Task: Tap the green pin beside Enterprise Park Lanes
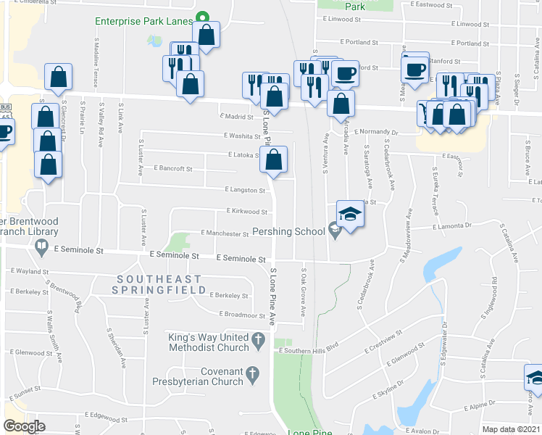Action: tap(204, 19)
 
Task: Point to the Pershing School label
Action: tap(288, 232)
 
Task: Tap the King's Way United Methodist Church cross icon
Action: tap(257, 339)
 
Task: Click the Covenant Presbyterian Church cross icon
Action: tap(252, 374)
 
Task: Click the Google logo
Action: tap(24, 426)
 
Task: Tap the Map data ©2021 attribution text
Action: tap(512, 429)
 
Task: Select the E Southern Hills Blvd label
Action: tap(309, 351)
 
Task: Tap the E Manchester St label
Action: tap(225, 234)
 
